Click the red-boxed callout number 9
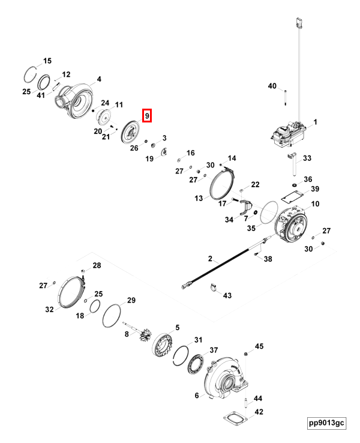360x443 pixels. click(x=147, y=115)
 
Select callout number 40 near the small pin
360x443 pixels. click(x=272, y=86)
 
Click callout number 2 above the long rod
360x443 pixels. click(x=211, y=259)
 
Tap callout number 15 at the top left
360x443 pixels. click(x=47, y=61)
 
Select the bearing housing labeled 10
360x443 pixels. click(x=294, y=228)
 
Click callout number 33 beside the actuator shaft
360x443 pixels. click(x=307, y=158)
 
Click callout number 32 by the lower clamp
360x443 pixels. click(x=49, y=309)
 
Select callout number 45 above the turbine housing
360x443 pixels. click(x=259, y=346)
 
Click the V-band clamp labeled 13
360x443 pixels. click(x=221, y=183)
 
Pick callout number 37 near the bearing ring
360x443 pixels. click(x=214, y=351)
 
